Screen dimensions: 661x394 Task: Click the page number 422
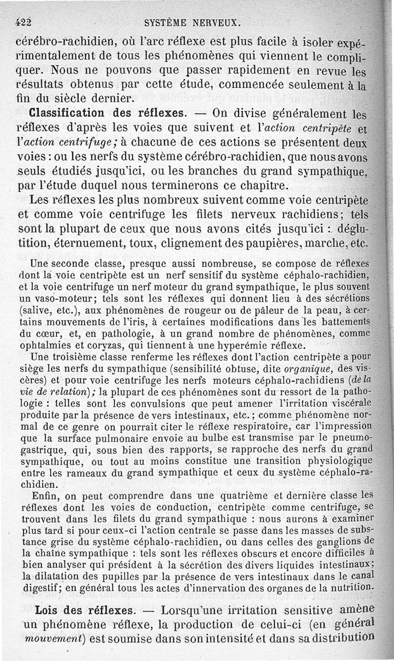click(24, 22)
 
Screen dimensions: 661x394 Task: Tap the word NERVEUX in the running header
click(217, 22)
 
